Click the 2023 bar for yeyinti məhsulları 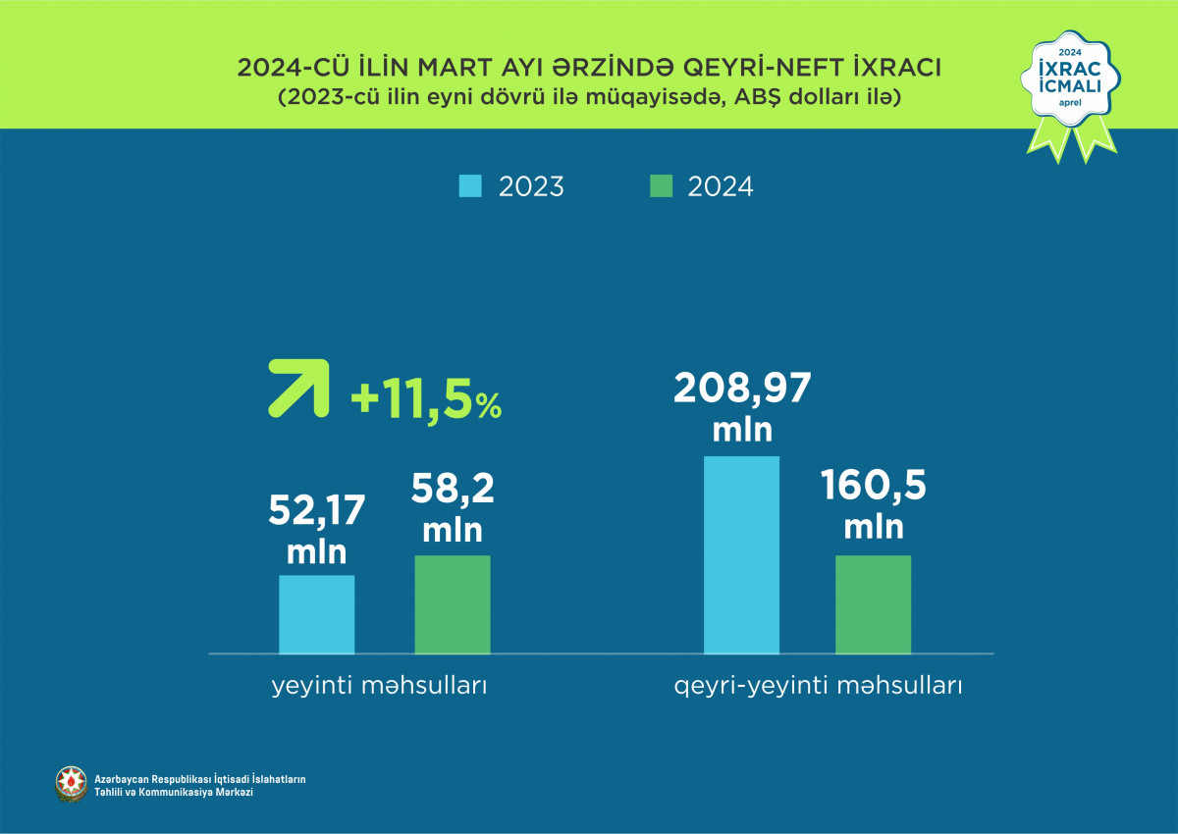coord(316,614)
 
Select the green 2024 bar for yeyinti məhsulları coord(452,604)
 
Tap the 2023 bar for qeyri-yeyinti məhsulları coord(741,554)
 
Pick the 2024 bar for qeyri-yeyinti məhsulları coord(873,604)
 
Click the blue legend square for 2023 coord(470,185)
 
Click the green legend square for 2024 coord(661,185)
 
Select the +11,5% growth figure coord(425,403)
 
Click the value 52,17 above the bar coord(316,511)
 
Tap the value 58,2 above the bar coord(452,489)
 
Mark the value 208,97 coord(742,390)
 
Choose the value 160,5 coord(873,487)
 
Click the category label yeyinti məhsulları coord(379,686)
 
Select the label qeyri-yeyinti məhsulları coord(818,686)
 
